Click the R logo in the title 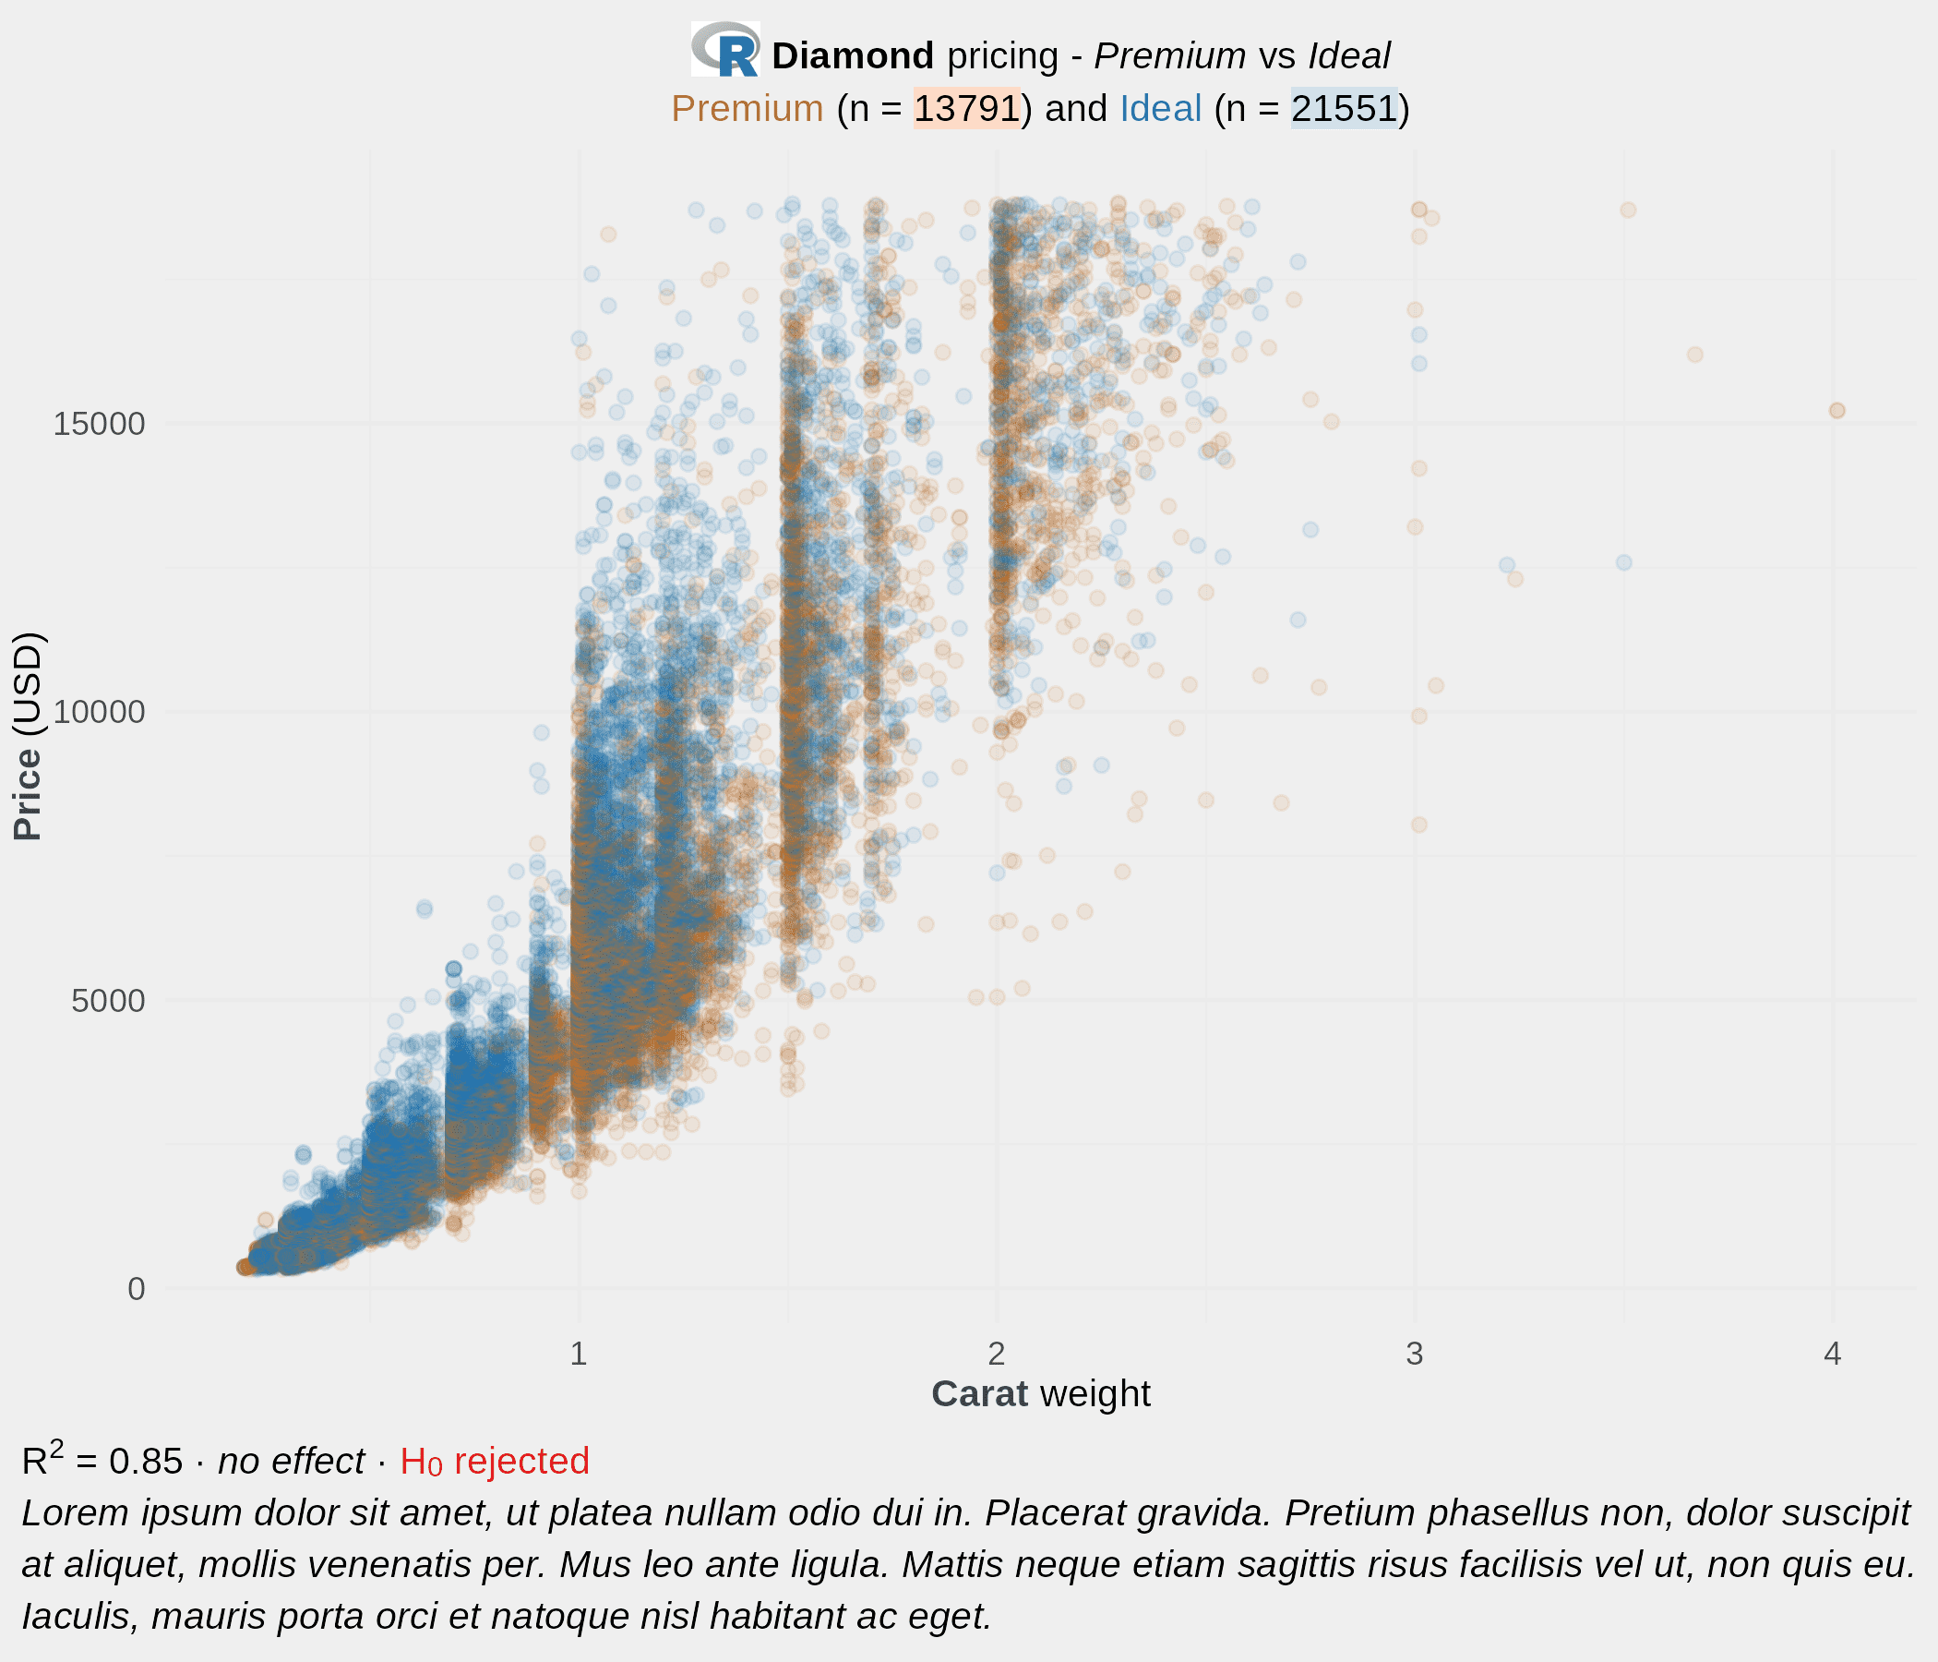(x=724, y=50)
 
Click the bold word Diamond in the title (x=852, y=56)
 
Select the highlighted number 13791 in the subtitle (x=966, y=109)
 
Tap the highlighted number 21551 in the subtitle (x=1344, y=109)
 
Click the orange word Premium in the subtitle (x=747, y=109)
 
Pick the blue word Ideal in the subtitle (x=1160, y=109)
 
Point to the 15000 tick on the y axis (x=99, y=424)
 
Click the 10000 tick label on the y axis (x=99, y=712)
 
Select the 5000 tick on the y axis (x=109, y=1000)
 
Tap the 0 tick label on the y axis (x=137, y=1289)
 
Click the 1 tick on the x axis (x=579, y=1354)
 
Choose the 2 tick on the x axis (x=997, y=1354)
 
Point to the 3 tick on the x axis (x=1414, y=1354)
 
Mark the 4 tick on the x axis (x=1832, y=1354)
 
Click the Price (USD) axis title (x=28, y=738)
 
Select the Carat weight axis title (x=1040, y=1394)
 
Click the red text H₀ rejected (x=494, y=1462)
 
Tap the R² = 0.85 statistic (x=102, y=1462)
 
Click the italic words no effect (x=291, y=1462)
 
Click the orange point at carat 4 (x=1837, y=411)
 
